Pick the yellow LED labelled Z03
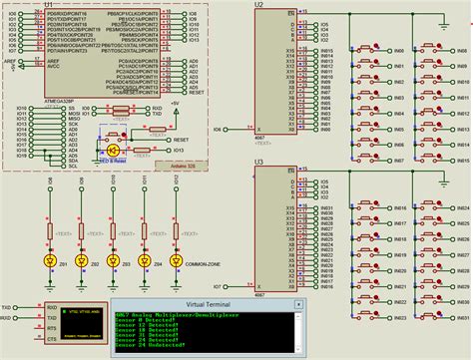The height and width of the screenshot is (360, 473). (x=113, y=260)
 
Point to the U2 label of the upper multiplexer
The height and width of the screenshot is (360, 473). (x=258, y=5)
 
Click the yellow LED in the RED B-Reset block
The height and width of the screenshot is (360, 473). (x=113, y=147)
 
